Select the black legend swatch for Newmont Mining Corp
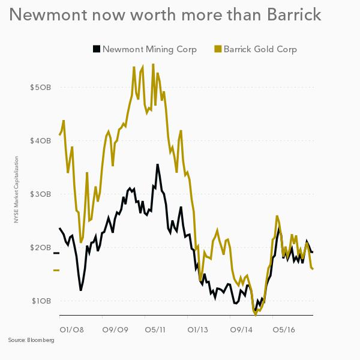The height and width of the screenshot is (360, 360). pos(96,49)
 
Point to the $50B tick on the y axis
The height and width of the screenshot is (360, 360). pos(40,88)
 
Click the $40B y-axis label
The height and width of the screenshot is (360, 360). pos(40,141)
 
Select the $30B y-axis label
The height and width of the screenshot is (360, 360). pos(40,194)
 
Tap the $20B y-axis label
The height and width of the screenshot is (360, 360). pos(40,248)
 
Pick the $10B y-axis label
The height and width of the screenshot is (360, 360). pos(40,301)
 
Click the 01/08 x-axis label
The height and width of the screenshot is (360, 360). pos(71,329)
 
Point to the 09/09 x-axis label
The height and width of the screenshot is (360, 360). pos(114,329)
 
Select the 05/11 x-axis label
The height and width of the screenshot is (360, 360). pos(156,329)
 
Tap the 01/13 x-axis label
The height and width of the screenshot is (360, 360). pos(198,329)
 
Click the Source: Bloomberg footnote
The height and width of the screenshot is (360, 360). pos(31,341)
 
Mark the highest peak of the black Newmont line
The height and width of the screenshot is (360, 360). pos(157,164)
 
